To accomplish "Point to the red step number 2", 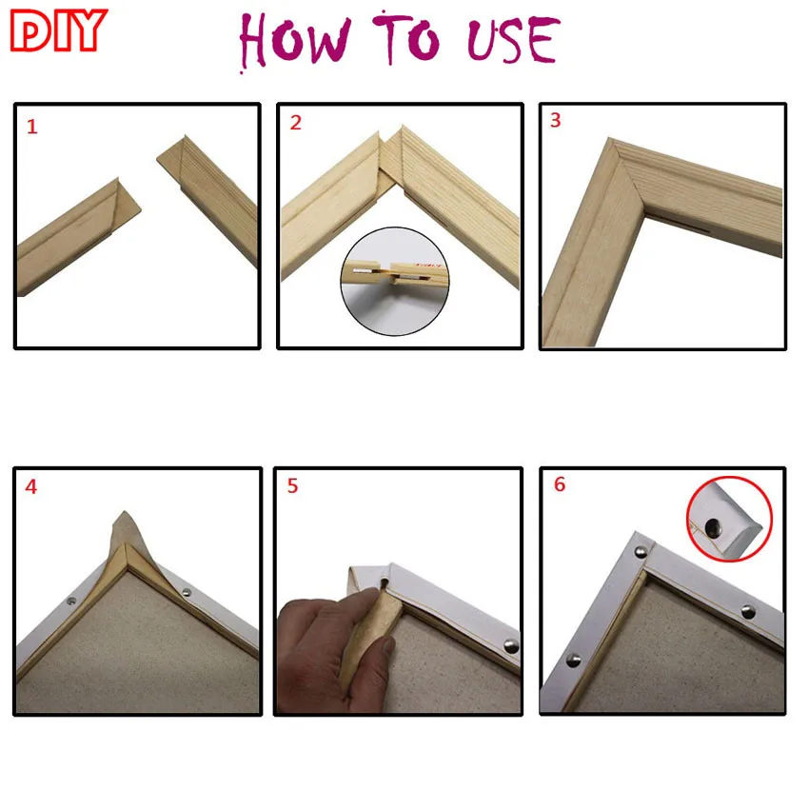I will tap(296, 123).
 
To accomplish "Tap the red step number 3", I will tap(555, 121).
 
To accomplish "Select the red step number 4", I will tap(31, 486).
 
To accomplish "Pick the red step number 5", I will tap(292, 485).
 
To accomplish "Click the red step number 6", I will tap(559, 484).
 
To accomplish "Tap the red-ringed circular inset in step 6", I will tap(728, 520).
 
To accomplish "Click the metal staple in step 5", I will tap(511, 645).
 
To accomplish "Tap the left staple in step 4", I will tap(71, 602).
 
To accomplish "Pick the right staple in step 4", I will tap(186, 592).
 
